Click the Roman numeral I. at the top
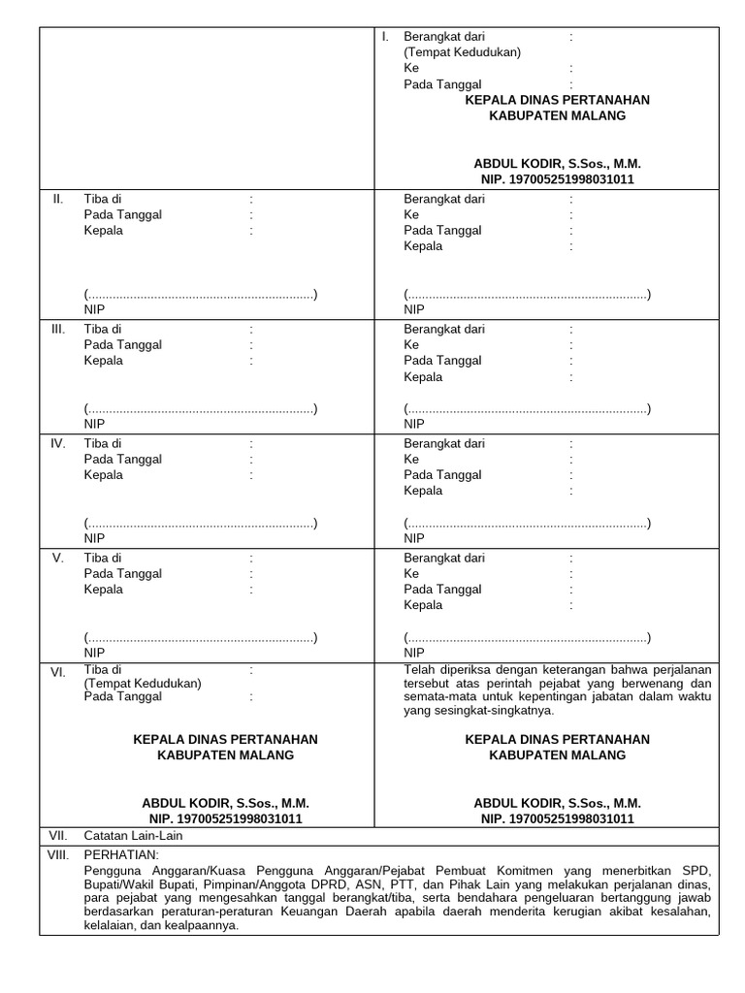385,36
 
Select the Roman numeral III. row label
58,330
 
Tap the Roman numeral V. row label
58,559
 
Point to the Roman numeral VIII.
59,854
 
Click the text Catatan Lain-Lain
133,835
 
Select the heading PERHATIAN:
119,854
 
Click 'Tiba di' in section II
103,200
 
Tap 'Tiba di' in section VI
103,670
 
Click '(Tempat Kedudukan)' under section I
463,52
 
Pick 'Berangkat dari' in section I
444,37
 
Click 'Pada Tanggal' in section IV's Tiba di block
123,460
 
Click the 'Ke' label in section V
411,574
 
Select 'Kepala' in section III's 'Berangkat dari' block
423,377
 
